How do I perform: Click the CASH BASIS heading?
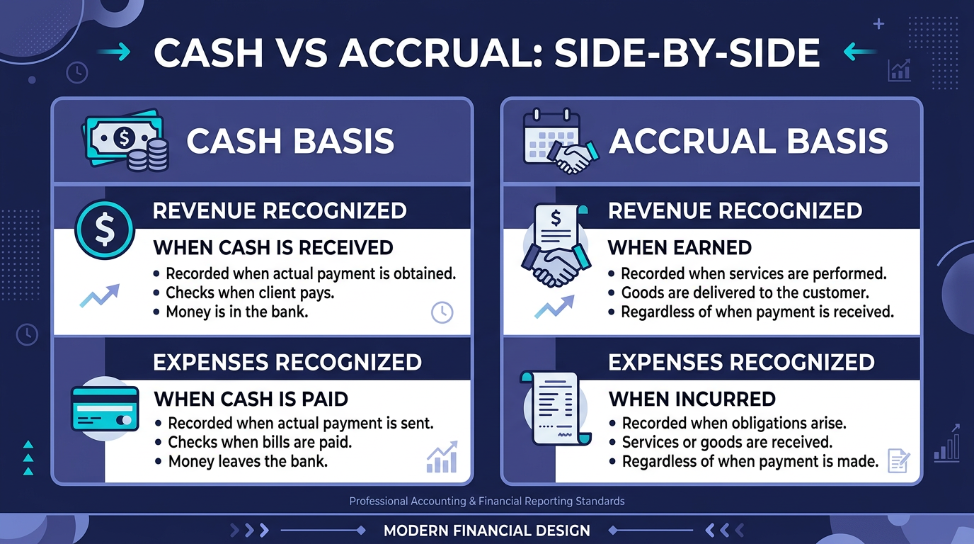coord(290,141)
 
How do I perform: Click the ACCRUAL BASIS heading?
coord(748,141)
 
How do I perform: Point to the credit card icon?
coord(103,408)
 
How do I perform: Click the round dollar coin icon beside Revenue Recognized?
coord(104,229)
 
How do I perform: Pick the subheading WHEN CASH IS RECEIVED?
coord(273,248)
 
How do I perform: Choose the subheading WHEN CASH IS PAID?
coord(251,399)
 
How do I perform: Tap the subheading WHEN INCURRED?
coord(692,399)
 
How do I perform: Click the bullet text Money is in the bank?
coord(236,312)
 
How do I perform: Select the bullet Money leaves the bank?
coord(248,462)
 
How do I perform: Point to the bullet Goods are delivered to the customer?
coord(745,293)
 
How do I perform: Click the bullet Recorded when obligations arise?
coord(734,424)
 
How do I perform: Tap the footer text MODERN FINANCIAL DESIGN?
coord(486,531)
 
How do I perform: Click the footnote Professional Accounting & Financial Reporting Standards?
coord(486,501)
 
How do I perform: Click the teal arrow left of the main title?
coord(114,52)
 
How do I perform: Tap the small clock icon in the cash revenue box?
coord(442,312)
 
